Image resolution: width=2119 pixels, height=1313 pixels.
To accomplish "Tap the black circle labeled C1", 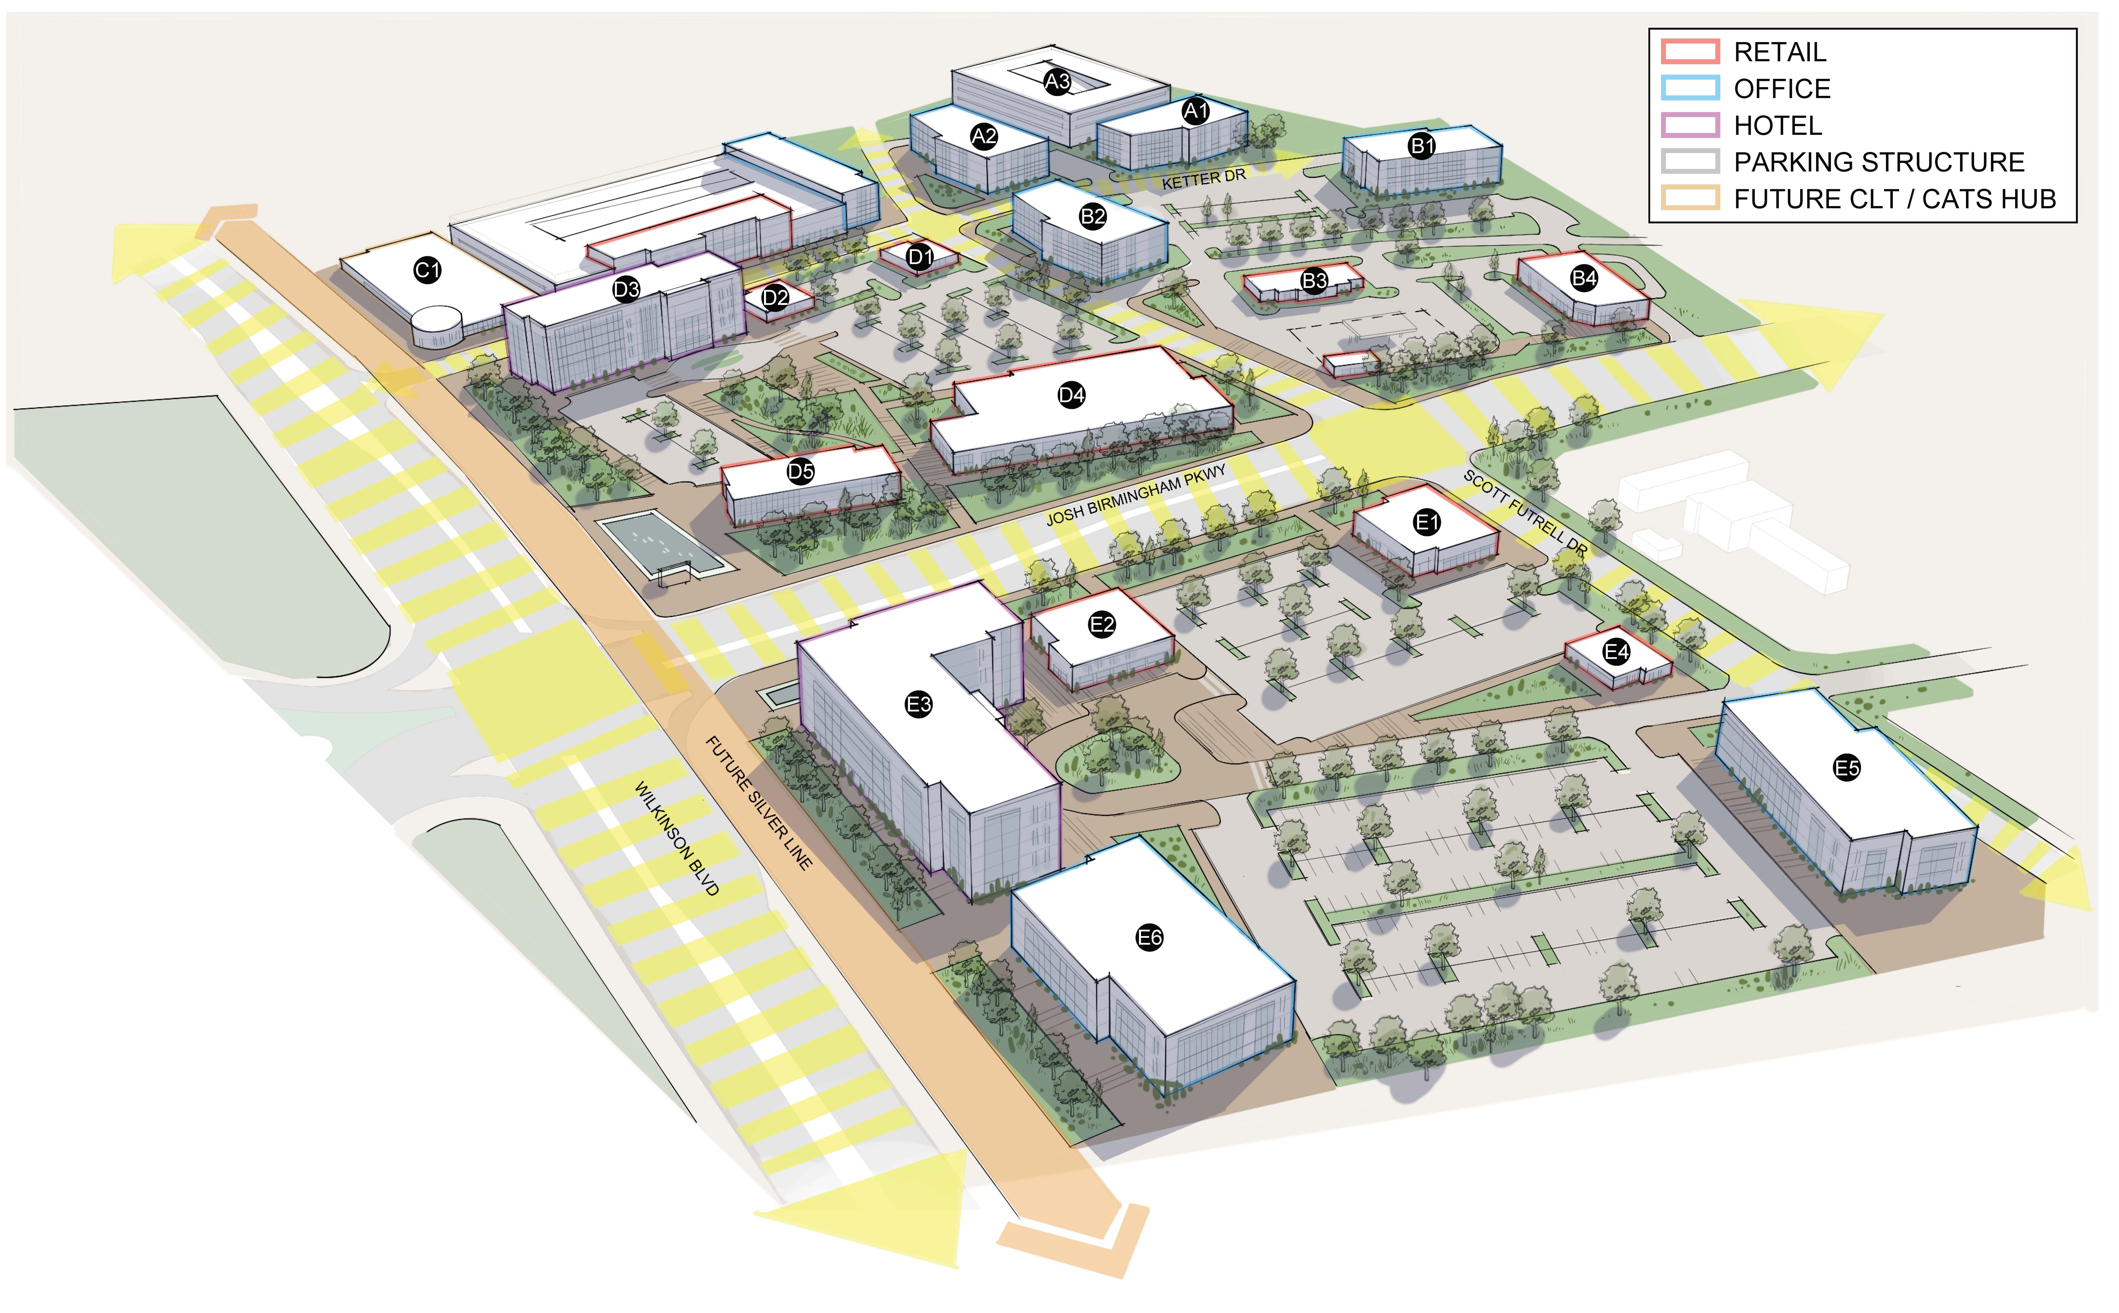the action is pos(427,270).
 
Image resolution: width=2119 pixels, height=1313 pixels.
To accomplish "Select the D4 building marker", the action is pos(1071,395).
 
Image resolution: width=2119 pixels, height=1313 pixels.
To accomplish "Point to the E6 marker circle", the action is pos(1149,937).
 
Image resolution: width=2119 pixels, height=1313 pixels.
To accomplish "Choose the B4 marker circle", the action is pos(1584,278).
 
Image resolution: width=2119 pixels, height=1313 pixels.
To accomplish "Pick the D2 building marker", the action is pos(775,298).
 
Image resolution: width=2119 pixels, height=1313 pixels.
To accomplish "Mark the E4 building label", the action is pos(1616,652).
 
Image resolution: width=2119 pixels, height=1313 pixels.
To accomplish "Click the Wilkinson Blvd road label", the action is pos(677,838).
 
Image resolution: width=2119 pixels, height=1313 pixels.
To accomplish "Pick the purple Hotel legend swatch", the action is pos(1690,125).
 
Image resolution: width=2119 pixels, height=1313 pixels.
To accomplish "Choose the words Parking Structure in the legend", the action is pos(1878,162).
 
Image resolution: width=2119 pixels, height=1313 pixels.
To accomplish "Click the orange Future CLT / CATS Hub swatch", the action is pos(1690,199).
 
